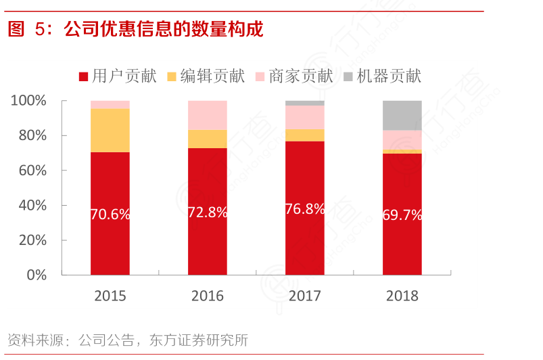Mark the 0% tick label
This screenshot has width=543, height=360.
(x=36, y=275)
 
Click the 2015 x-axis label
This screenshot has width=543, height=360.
(x=110, y=296)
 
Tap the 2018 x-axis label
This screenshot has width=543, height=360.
(x=402, y=296)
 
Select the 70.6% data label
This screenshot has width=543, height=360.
(x=110, y=215)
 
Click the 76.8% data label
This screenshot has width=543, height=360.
(x=305, y=209)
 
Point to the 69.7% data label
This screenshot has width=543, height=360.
(x=402, y=215)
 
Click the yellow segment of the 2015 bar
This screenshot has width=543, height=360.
(x=110, y=131)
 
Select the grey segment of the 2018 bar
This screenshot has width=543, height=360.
(x=402, y=115)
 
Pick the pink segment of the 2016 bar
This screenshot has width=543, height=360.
(x=208, y=115)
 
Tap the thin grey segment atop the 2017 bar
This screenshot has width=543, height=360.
(x=305, y=103)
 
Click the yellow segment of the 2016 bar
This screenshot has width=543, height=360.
(x=208, y=139)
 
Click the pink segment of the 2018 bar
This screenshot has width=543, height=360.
(x=402, y=139)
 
